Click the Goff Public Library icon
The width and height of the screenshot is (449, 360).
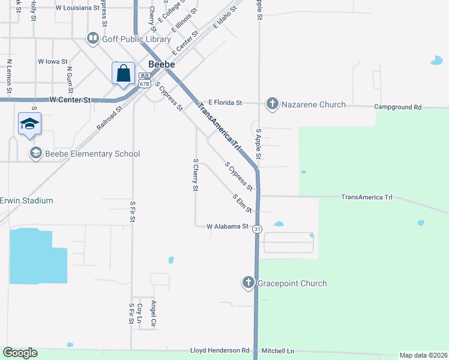pyautogui.click(x=92, y=39)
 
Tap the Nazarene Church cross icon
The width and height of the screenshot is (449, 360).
pyautogui.click(x=272, y=104)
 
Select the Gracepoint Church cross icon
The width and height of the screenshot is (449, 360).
pyautogui.click(x=249, y=283)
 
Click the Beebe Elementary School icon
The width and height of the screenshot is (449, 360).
pyautogui.click(x=36, y=154)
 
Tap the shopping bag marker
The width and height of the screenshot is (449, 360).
pyautogui.click(x=123, y=74)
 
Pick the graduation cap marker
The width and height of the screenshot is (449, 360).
pyautogui.click(x=29, y=124)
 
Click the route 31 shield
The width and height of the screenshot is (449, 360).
pyautogui.click(x=257, y=229)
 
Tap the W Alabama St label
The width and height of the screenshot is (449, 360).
pyautogui.click(x=228, y=227)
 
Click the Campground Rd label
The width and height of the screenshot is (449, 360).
pyautogui.click(x=397, y=107)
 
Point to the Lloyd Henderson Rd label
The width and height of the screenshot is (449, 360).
pyautogui.click(x=220, y=350)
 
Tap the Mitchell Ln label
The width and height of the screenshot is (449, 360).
pyautogui.click(x=278, y=350)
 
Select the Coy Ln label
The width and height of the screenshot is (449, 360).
pyautogui.click(x=139, y=313)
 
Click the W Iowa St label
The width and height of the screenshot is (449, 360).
pyautogui.click(x=53, y=61)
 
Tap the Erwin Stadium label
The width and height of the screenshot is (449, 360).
pyautogui.click(x=26, y=200)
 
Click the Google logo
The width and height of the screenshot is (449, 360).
pyautogui.click(x=20, y=353)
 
